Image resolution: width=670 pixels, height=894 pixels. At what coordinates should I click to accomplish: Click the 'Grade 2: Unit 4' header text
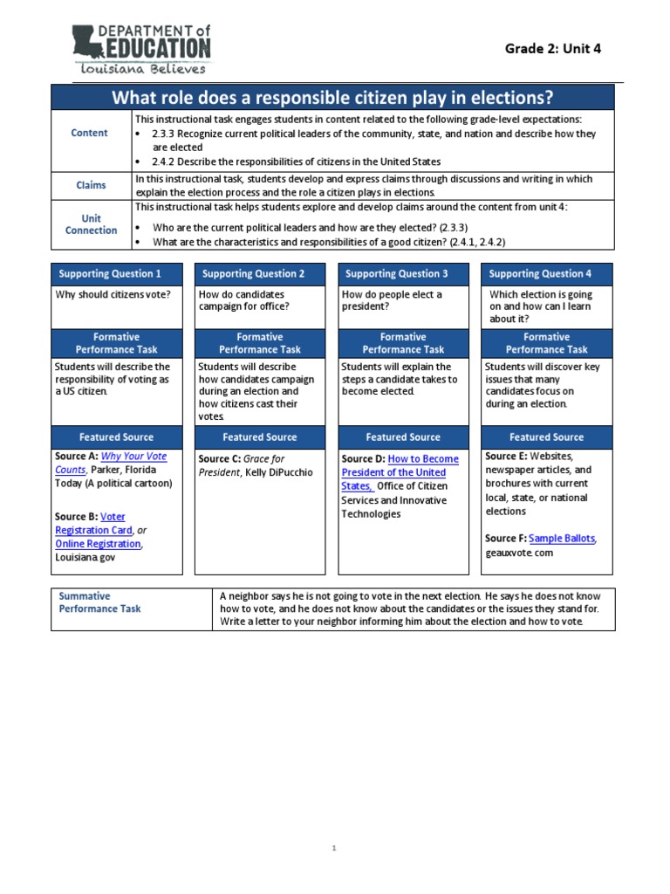553,48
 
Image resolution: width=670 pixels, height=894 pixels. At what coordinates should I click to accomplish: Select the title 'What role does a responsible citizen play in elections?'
332,97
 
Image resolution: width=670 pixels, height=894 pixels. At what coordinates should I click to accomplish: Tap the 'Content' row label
90,133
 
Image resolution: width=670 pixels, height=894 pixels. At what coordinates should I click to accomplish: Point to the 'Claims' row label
91,185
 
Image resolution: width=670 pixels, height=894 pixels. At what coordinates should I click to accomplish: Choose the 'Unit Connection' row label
91,224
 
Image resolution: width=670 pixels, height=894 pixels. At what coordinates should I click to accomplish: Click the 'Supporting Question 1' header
110,273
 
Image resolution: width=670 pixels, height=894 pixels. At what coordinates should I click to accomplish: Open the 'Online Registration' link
98,544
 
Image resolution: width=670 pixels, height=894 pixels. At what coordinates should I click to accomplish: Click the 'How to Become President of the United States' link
400,472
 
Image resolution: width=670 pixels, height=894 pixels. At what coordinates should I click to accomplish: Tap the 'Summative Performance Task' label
99,602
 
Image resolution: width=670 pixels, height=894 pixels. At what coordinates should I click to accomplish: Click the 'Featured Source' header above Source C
259,437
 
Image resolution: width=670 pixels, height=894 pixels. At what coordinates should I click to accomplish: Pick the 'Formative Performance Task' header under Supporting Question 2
259,343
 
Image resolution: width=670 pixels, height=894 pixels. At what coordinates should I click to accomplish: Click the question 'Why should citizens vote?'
113,294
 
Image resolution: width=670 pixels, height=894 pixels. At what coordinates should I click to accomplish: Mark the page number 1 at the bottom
334,848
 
